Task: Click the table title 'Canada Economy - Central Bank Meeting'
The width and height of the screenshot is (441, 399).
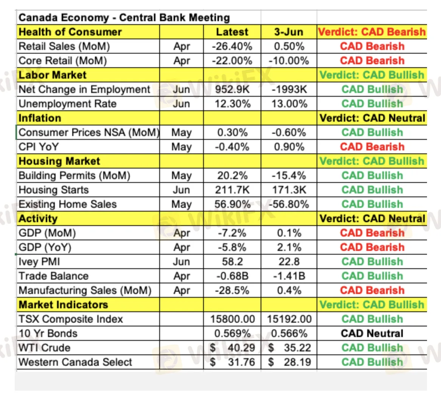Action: coord(124,18)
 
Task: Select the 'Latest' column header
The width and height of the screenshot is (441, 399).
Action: coord(232,32)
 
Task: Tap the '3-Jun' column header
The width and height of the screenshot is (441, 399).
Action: coord(289,32)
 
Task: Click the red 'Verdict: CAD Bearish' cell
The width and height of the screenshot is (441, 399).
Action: coord(372,32)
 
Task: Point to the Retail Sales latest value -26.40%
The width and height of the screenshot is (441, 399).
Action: coord(232,46)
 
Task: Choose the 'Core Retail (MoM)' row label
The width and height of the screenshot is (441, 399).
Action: coord(63,61)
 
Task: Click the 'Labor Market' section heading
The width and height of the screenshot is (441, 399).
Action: coord(53,75)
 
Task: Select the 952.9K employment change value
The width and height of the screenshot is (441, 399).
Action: coord(232,90)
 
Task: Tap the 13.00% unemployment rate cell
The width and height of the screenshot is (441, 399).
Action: coord(289,104)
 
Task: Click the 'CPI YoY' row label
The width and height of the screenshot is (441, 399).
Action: coord(39,147)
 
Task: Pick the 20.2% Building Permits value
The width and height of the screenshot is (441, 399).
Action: coord(232,176)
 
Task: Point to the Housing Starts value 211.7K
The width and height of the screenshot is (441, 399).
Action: coord(232,190)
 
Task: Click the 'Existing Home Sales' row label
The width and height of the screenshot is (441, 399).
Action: coord(68,204)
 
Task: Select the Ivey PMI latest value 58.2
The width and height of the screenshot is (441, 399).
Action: coord(232,262)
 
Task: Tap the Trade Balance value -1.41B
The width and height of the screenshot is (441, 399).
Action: coord(289,276)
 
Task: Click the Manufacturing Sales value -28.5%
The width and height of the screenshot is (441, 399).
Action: coord(232,291)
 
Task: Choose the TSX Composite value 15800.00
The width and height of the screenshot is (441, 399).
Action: coord(232,319)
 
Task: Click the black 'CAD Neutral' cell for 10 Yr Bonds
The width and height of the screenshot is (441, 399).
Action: coord(372,334)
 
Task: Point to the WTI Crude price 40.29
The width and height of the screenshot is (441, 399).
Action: coord(241,348)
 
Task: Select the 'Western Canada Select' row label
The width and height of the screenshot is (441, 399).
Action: coord(75,362)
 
